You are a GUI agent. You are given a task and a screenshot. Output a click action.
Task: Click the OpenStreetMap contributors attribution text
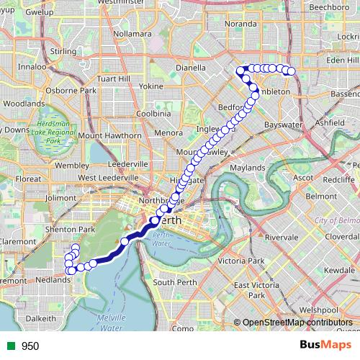[297, 322]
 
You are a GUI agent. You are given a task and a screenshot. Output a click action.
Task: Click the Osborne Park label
[71, 91]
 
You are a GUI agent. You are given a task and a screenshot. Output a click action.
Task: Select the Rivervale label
[281, 237]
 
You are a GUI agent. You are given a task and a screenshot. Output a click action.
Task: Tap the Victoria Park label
[243, 260]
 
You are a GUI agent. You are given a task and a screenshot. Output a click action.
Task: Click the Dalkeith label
[40, 318]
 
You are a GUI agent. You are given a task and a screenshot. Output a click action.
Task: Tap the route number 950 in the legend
[30, 346]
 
